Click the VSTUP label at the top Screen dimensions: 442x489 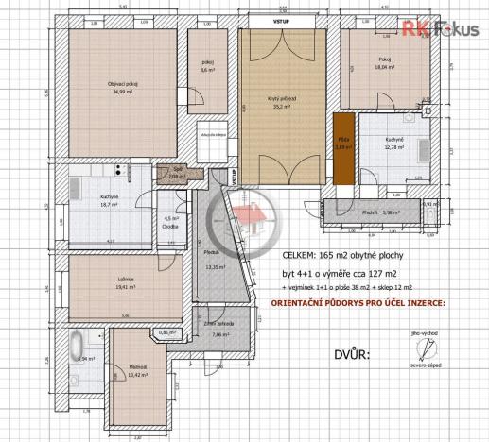(x=282, y=19)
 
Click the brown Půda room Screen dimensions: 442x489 (x=343, y=143)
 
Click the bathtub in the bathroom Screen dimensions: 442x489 (x=79, y=344)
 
